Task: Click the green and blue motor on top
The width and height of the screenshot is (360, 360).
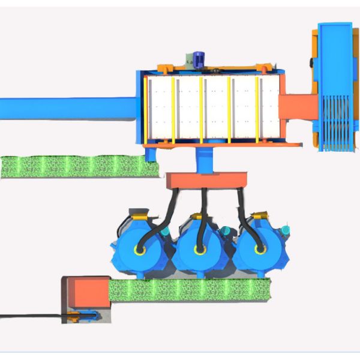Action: coord(198,59)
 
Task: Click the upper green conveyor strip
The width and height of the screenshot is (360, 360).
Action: coord(78,166)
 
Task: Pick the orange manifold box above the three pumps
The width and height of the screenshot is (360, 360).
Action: coord(208,180)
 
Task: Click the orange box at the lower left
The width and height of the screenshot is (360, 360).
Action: coord(85,293)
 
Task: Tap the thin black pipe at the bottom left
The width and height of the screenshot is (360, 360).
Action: coord(30,314)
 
